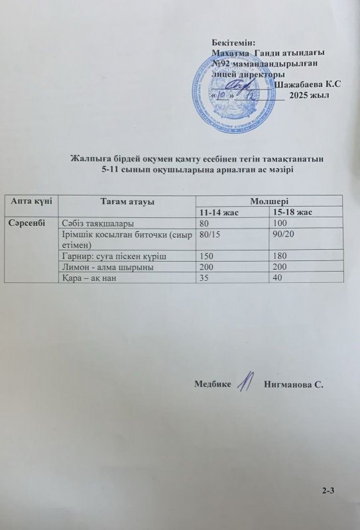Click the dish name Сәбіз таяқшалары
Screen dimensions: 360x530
tap(97, 223)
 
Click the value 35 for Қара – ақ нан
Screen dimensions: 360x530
tap(204, 278)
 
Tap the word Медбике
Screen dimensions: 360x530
tap(213, 384)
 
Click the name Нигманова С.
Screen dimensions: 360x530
tap(293, 384)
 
